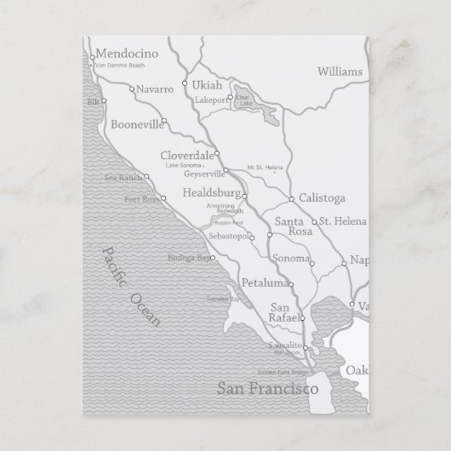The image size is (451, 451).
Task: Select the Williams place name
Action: (339, 71)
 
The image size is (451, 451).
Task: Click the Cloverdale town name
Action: (187, 155)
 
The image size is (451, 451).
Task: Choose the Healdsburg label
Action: (212, 194)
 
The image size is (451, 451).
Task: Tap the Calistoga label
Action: (322, 198)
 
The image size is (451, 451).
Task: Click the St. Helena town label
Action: (344, 222)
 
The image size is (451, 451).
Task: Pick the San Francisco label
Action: (267, 390)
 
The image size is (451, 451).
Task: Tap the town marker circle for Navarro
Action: (132, 88)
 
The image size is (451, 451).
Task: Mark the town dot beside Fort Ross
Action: (164, 198)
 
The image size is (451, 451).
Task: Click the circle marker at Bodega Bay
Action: (213, 258)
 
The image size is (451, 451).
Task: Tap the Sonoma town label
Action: (290, 258)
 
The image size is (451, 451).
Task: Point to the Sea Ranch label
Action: (123, 178)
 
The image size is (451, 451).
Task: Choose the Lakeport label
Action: (212, 100)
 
